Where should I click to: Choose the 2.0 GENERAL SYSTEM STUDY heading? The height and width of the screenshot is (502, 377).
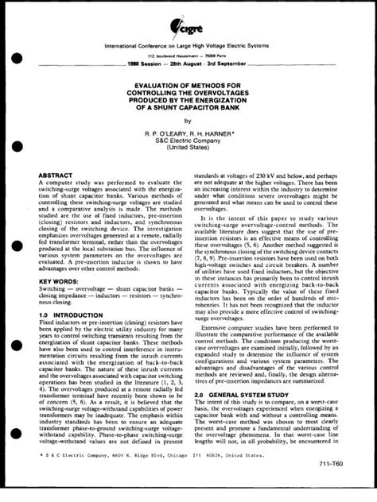[x=245, y=392]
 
